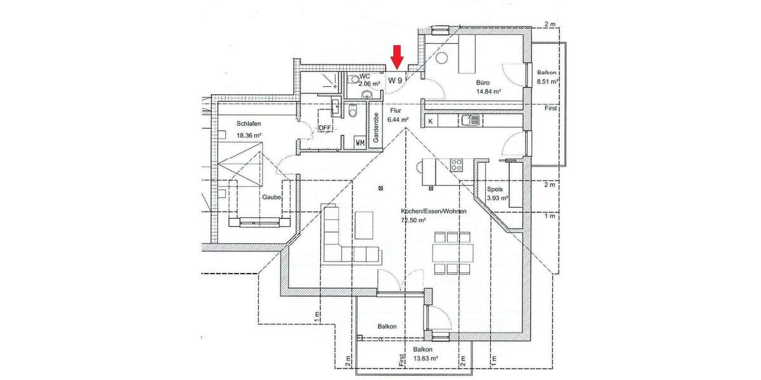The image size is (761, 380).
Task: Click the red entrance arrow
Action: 396,56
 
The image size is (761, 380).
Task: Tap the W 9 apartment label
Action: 395,80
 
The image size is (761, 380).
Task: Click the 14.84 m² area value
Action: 488,91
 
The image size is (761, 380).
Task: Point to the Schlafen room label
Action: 232,124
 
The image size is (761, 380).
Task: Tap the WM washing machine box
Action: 360,142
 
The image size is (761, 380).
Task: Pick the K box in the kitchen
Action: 431,121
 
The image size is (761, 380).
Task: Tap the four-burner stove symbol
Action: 457,166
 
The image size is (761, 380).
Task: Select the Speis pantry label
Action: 495,189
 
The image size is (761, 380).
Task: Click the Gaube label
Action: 271,198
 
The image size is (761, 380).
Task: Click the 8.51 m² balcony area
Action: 547,82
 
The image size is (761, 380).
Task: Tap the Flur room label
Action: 396,110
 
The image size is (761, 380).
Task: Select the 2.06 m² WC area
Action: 369,83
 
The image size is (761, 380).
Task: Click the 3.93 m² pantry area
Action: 498,198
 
